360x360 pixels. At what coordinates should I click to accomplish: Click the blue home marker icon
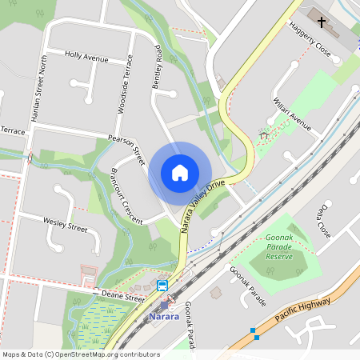[x=180, y=172]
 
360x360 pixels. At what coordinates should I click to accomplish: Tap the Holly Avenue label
[x=86, y=58]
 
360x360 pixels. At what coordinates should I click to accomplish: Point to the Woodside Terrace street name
[x=123, y=85]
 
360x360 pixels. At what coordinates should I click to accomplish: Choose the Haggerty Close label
[x=310, y=39]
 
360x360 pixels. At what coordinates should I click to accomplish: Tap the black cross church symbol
[x=322, y=22]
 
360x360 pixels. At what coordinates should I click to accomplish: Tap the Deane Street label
[x=122, y=298]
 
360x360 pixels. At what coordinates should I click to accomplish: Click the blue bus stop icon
[x=162, y=286]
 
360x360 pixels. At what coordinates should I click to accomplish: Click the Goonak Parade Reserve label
[x=279, y=247]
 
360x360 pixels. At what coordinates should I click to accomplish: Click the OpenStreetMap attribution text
[x=81, y=354]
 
